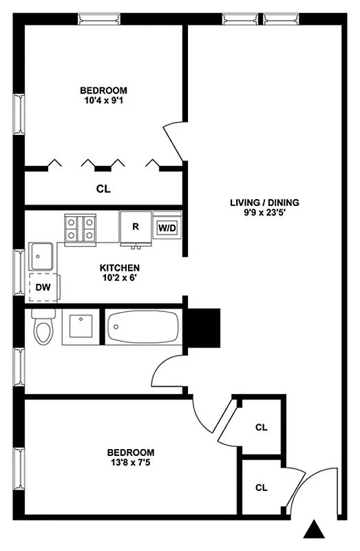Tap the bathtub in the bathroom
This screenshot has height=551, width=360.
[x=142, y=326]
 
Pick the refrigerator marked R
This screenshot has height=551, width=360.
[x=136, y=227]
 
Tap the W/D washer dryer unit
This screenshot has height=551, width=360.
[x=167, y=227]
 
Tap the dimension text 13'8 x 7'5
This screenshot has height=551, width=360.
[x=131, y=463]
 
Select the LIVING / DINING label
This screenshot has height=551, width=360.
[x=265, y=202]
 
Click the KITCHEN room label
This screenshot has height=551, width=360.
[x=120, y=268]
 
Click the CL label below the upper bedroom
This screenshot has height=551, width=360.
[x=103, y=188]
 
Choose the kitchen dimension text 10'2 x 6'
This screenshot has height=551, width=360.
[x=120, y=278]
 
